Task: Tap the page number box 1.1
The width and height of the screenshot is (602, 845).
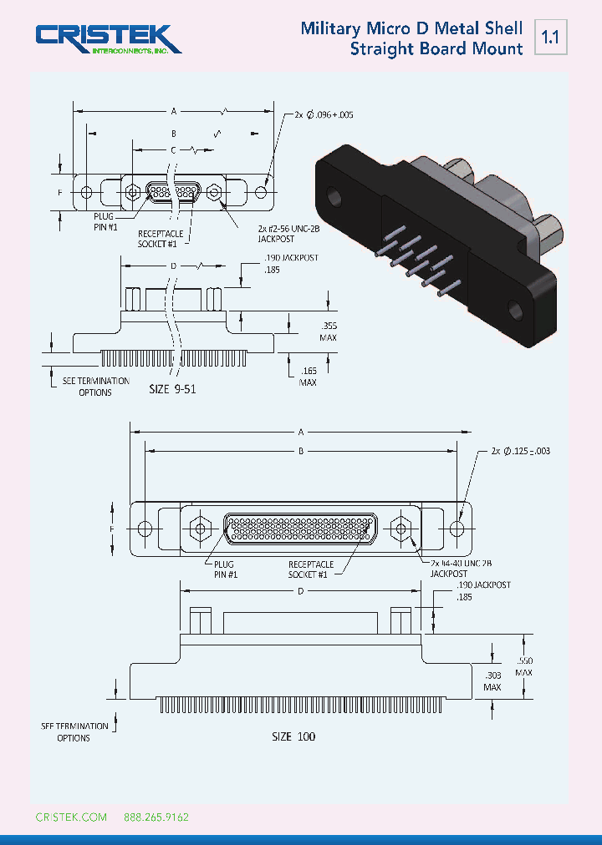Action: [549, 38]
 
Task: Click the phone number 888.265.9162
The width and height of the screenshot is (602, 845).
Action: [156, 817]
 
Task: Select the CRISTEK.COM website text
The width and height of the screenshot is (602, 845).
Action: [71, 817]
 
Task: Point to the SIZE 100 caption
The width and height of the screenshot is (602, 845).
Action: [293, 736]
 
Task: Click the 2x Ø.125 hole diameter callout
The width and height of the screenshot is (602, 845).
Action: [521, 451]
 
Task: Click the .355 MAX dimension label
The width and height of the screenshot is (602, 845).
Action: [328, 332]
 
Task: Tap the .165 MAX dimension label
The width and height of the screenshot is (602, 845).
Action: [308, 376]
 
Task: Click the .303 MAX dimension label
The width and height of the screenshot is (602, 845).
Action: [492, 681]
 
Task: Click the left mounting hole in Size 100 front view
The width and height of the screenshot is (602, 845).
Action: [145, 529]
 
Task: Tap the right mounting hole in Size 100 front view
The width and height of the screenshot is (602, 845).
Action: [457, 529]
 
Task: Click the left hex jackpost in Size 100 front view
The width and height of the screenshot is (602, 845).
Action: [199, 529]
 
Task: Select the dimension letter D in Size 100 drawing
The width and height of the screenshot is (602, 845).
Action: [300, 591]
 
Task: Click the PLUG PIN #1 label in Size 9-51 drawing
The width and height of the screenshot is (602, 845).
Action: [105, 220]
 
